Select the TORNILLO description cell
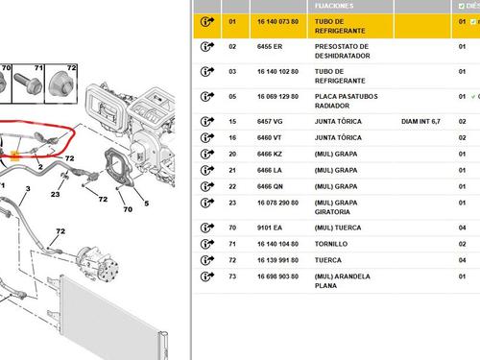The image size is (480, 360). [331, 245]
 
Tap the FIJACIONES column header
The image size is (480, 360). [332, 5]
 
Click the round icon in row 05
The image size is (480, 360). [205, 97]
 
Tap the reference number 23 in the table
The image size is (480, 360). [231, 202]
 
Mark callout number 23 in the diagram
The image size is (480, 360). [56, 194]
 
